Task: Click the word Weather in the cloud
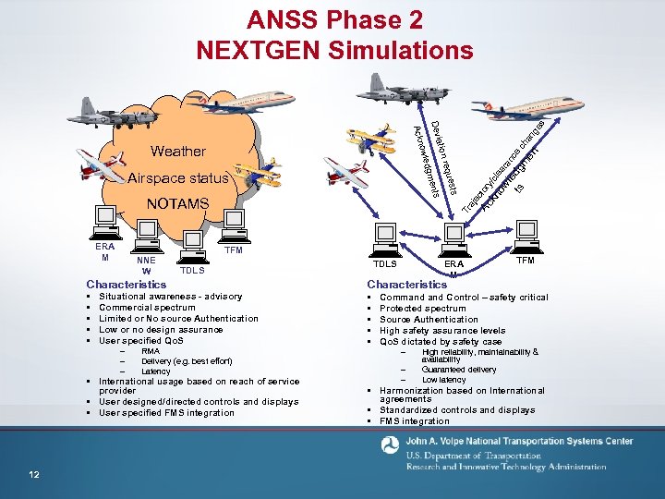click(x=177, y=151)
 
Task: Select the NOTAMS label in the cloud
click(x=179, y=202)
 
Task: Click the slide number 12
click(x=33, y=475)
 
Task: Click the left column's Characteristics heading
click(x=127, y=284)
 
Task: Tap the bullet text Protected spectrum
click(x=424, y=309)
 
